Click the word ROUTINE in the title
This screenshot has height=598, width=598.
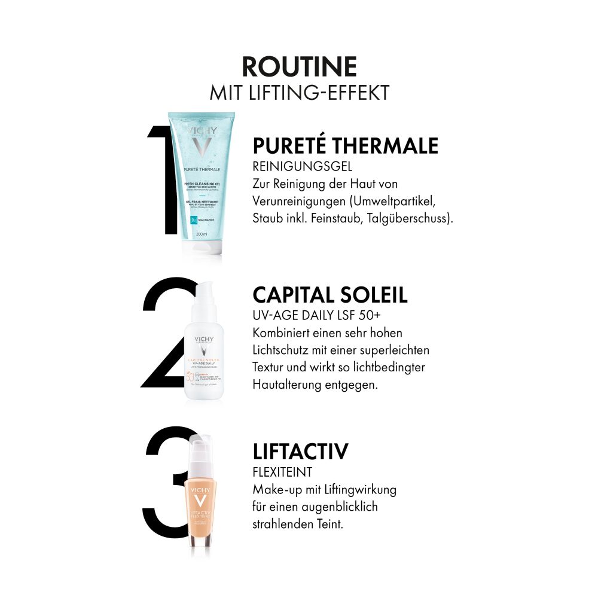[x=299, y=67]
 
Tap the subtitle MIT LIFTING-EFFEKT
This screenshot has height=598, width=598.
[x=299, y=93]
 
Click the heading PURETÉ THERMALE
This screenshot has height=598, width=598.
[x=345, y=146]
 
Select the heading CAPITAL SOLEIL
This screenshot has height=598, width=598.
[x=330, y=295]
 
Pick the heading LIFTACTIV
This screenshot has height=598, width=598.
[x=300, y=452]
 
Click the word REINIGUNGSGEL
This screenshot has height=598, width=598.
[x=302, y=167]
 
